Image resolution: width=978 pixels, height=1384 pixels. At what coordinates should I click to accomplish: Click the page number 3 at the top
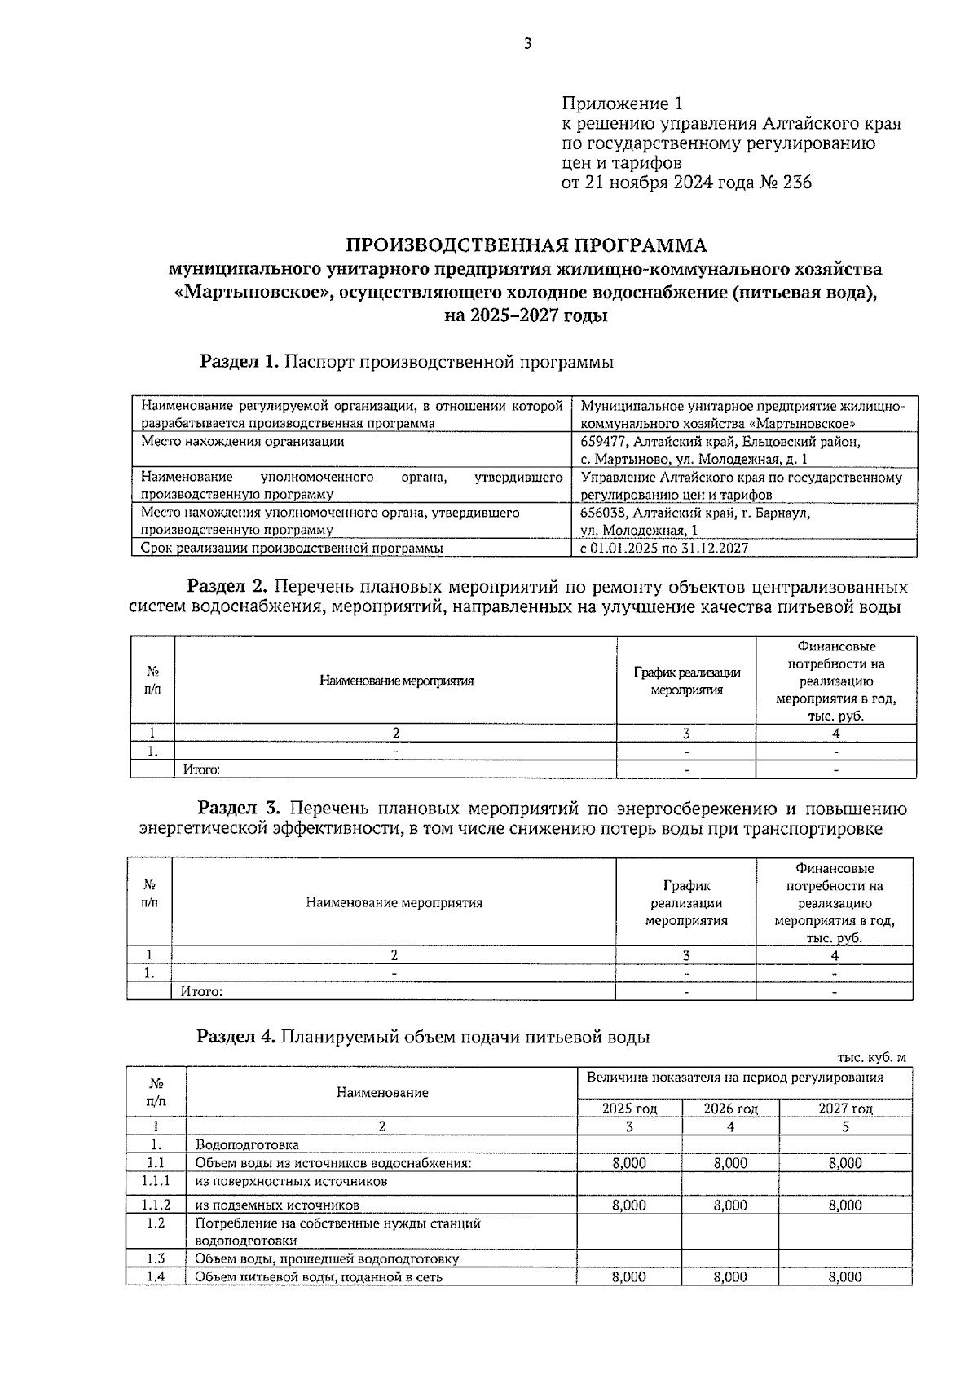[527, 44]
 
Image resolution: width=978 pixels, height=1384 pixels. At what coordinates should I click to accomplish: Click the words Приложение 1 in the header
[621, 104]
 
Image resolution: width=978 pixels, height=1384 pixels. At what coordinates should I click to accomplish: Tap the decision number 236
[796, 183]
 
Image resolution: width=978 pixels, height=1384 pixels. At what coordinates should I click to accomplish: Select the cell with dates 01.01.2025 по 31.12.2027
[663, 549]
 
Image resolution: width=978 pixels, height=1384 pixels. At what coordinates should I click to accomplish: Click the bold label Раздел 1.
[240, 362]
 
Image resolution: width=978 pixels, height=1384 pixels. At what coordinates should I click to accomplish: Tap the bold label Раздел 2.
[227, 587]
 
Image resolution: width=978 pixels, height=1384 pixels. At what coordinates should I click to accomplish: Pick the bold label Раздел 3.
[239, 809]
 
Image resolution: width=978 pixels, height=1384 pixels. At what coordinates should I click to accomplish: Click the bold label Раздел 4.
[236, 1037]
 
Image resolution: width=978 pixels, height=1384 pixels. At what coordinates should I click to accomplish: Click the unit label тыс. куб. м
[871, 1058]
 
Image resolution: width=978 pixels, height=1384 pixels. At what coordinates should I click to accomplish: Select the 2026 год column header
[730, 1109]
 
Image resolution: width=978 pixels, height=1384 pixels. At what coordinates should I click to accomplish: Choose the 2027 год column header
[845, 1109]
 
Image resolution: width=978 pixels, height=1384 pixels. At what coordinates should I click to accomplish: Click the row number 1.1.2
[156, 1205]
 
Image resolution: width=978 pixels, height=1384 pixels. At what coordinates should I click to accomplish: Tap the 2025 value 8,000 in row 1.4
[629, 1277]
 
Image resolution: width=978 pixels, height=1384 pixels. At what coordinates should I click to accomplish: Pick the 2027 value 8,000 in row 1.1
[845, 1164]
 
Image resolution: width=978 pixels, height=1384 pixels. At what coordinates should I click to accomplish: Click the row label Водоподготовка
[247, 1145]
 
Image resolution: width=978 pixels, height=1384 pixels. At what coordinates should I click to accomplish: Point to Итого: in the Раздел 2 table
[201, 769]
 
